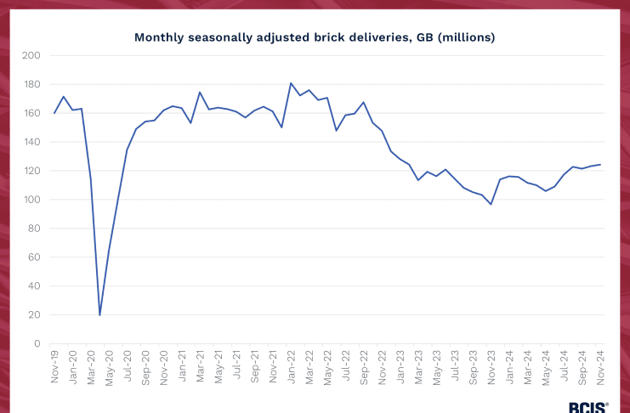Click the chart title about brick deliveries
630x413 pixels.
coord(315,38)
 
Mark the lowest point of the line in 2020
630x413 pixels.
coord(100,314)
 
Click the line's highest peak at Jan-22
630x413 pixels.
coord(291,83)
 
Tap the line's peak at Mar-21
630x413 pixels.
coord(200,92)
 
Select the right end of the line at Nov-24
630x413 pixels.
coord(600,165)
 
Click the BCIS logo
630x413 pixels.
coord(587,406)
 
